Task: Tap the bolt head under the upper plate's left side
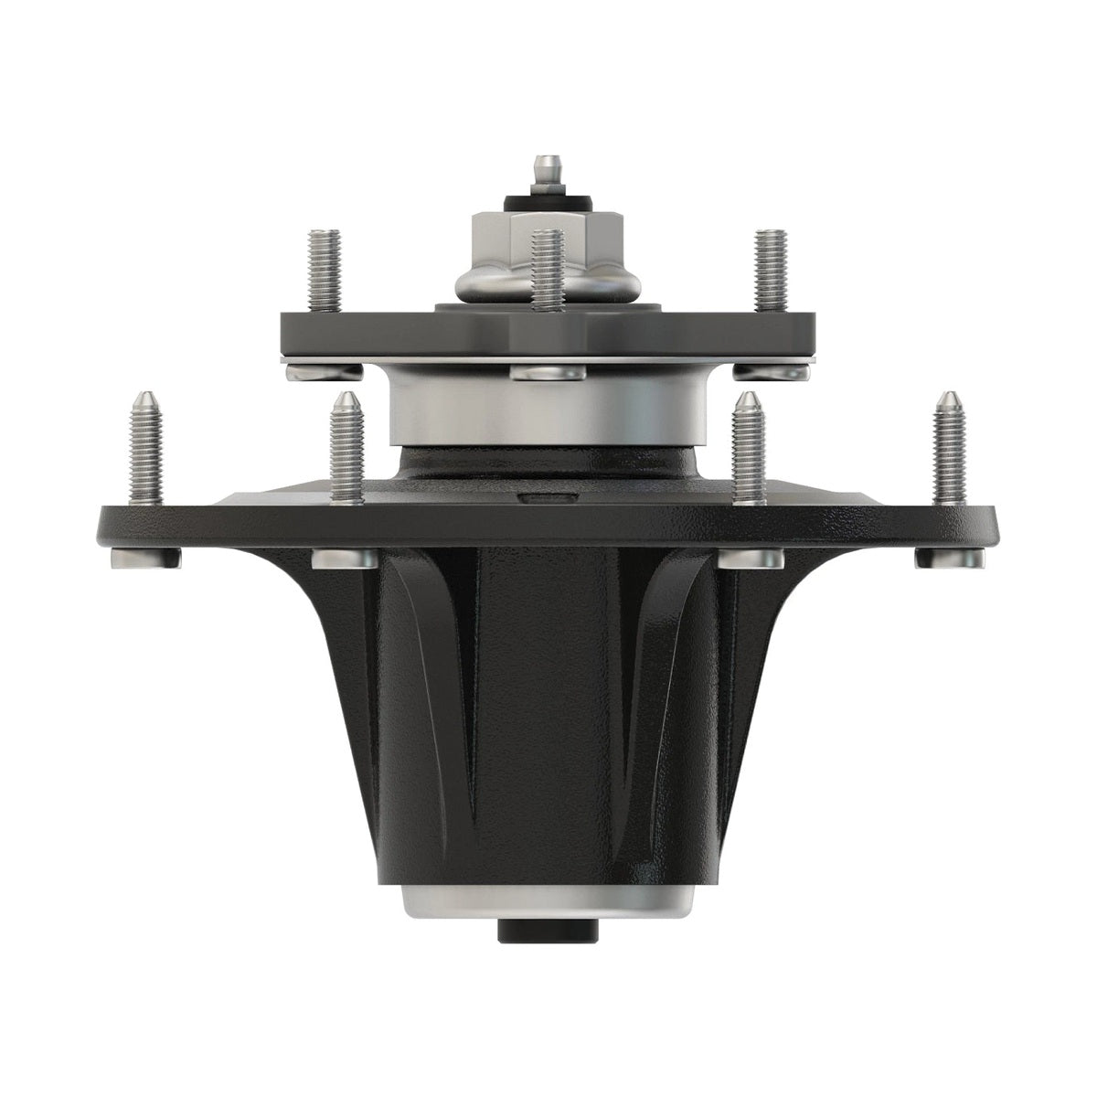(x=324, y=370)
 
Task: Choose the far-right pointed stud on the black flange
(x=950, y=448)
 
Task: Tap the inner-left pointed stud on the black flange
(x=346, y=448)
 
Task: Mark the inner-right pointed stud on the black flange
(x=750, y=448)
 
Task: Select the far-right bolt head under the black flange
(x=951, y=558)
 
